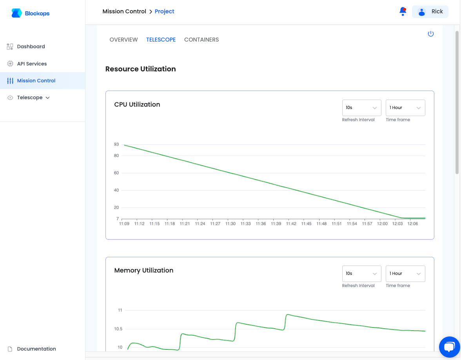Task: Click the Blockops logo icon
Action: coord(16,13)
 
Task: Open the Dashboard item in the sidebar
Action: coord(31,46)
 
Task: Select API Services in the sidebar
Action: coord(32,64)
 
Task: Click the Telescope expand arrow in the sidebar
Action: coord(48,98)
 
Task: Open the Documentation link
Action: coord(36,349)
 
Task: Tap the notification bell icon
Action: coord(403,11)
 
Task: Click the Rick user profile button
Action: coord(430,11)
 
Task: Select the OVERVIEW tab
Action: coord(123,40)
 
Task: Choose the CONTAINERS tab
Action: coord(201,40)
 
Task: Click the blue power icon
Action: coord(431,34)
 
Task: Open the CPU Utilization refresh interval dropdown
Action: coord(361,107)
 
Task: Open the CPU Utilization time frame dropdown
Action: coord(405,107)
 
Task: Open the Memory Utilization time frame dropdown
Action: coord(405,274)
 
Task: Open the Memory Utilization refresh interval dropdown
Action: coord(361,274)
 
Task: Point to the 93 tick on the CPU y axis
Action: coord(116,144)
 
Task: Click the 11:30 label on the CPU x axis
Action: coord(230,224)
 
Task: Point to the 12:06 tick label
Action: coord(412,224)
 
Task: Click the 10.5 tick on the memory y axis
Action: coord(118,329)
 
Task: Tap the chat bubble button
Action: coord(449,347)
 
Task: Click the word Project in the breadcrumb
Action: coord(164,11)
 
